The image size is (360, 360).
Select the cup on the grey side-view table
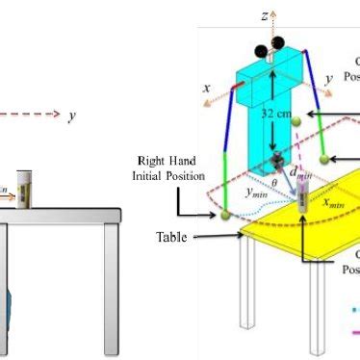point(25,188)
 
